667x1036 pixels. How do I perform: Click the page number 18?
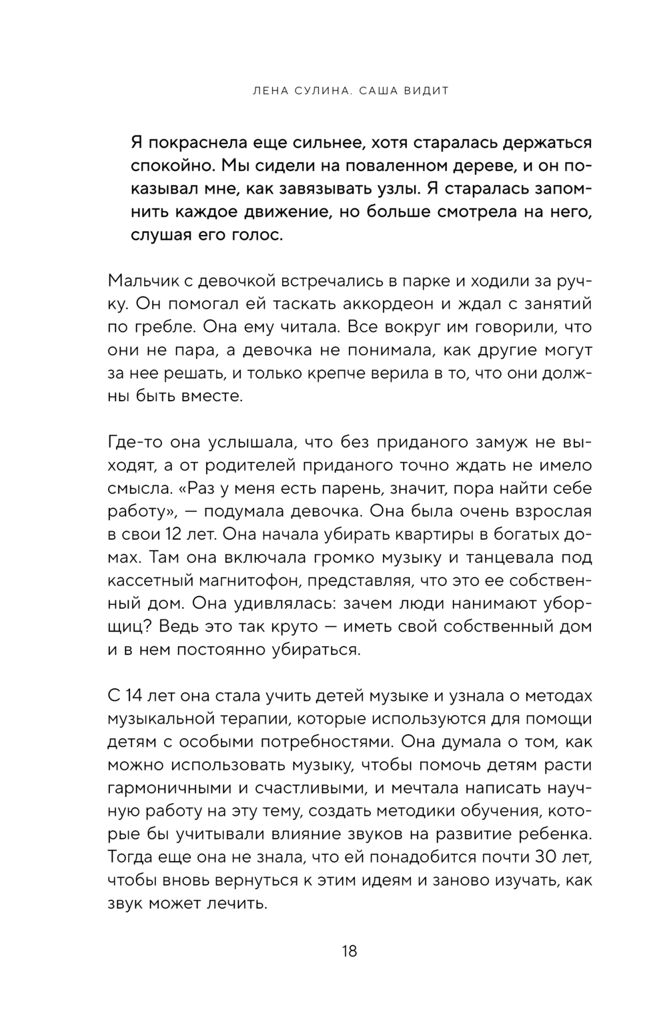pos(349,951)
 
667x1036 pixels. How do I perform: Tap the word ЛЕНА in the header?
pos(259,91)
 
